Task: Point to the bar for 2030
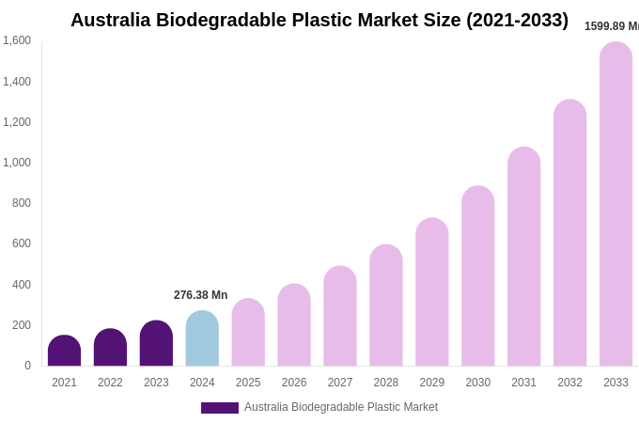click(477, 276)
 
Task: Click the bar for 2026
click(294, 325)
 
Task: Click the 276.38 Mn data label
click(200, 295)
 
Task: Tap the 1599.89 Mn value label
click(611, 26)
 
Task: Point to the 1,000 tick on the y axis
click(16, 163)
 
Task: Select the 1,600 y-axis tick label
click(16, 40)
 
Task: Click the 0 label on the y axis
click(27, 366)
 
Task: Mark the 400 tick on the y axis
click(21, 285)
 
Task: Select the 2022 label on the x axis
click(110, 383)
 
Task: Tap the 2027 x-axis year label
click(340, 383)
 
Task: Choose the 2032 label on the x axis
click(569, 383)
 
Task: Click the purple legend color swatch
click(219, 408)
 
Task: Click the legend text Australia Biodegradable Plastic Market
click(341, 407)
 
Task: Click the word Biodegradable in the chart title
click(223, 20)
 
